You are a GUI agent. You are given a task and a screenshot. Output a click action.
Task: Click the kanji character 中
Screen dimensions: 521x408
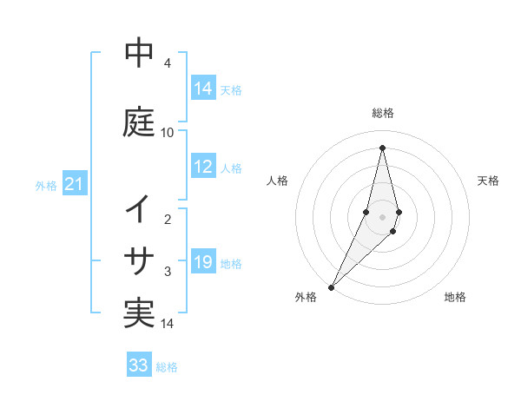139,53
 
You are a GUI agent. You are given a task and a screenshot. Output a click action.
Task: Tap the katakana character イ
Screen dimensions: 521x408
139,209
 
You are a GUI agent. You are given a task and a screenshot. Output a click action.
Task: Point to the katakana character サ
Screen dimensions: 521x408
139,260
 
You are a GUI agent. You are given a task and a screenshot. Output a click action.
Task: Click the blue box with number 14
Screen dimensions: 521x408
203,89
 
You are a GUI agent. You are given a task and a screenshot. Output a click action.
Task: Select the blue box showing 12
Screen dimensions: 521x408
203,168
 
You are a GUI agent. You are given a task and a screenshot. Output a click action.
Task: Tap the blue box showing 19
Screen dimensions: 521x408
203,263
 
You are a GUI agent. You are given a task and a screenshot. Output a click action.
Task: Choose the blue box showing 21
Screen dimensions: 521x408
74,184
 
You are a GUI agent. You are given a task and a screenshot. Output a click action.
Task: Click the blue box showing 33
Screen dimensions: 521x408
139,365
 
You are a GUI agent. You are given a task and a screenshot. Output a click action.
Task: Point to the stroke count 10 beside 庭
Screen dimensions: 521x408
168,132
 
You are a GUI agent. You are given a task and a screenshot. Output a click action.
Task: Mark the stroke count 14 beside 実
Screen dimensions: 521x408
168,324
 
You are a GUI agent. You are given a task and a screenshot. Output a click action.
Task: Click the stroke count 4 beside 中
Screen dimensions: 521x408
168,63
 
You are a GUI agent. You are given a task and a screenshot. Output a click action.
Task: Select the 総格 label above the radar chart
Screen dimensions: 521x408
382,113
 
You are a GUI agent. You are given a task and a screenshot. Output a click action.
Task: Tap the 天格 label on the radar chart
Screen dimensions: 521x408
488,181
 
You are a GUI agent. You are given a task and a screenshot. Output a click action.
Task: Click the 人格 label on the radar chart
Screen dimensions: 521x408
277,181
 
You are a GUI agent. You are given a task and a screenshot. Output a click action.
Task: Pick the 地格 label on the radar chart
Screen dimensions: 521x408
455,297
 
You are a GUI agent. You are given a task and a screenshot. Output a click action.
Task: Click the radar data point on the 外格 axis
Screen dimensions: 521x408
331,286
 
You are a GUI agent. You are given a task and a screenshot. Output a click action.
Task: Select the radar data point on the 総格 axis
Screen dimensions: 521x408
382,147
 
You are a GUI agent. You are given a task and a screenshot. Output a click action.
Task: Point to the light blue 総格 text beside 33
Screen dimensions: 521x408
167,367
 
